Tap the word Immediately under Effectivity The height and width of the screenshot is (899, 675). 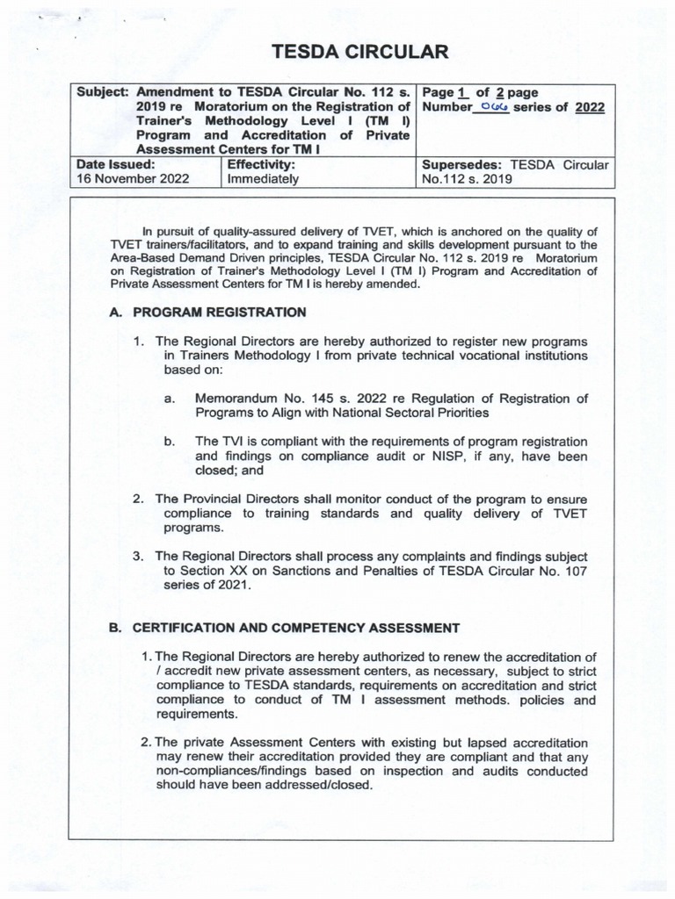click(x=263, y=178)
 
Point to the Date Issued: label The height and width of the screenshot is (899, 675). click(x=116, y=163)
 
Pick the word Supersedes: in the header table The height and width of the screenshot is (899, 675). click(x=461, y=163)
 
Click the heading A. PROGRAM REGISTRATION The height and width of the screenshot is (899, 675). click(x=208, y=312)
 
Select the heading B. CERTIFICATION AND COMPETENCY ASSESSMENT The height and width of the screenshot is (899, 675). click(x=284, y=628)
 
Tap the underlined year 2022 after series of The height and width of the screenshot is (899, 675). click(x=589, y=109)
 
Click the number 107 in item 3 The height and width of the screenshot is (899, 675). click(x=575, y=571)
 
